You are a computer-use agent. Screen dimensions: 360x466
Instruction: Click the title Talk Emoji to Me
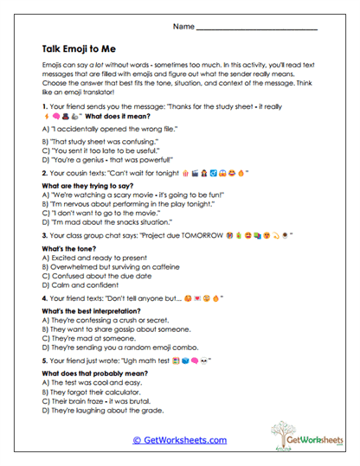click(x=87, y=50)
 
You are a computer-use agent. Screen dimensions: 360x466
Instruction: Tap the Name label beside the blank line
click(x=183, y=28)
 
